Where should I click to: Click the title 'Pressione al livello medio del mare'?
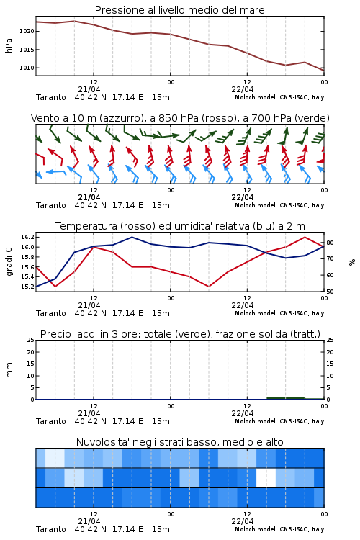(179, 10)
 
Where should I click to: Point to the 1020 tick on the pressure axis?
(27, 32)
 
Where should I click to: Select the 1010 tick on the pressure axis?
(27, 68)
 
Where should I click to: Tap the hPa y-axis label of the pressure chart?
(9, 45)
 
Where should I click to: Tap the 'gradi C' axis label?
(9, 262)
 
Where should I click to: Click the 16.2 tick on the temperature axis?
(27, 238)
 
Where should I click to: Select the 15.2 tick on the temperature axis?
(27, 287)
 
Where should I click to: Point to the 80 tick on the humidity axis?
(330, 243)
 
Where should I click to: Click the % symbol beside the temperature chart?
(352, 262)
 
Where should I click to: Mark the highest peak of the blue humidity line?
(132, 237)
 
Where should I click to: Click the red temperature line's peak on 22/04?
(305, 237)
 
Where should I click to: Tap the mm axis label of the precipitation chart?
(9, 370)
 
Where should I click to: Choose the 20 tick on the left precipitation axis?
(31, 352)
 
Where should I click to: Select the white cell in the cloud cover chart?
(266, 477)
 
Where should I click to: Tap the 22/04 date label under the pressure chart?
(243, 89)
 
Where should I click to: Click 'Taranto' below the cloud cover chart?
(51, 529)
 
